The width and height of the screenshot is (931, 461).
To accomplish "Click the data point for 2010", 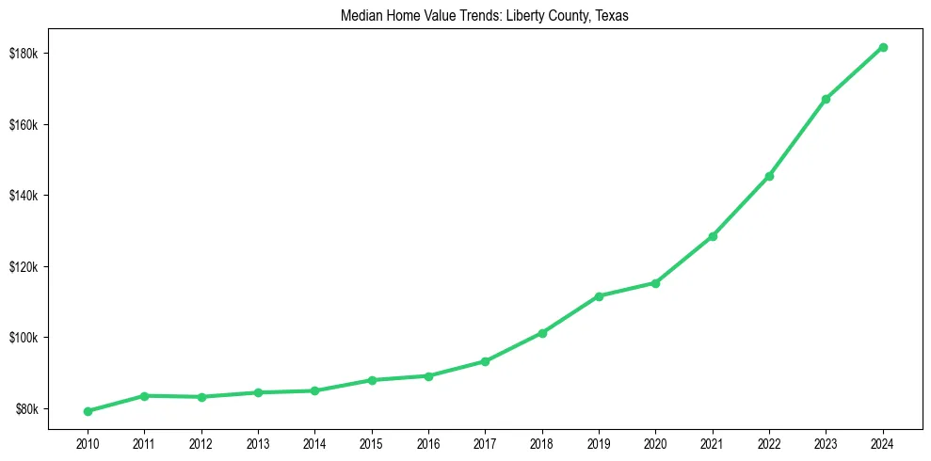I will tap(88, 411).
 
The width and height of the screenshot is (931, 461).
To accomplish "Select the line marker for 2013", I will tap(258, 392).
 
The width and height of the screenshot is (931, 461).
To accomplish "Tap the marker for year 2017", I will tap(485, 361).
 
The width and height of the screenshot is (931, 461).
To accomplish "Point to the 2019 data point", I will tap(599, 296).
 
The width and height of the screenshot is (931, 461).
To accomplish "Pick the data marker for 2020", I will tap(655, 283).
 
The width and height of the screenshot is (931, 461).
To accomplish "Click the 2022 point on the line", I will tap(769, 176).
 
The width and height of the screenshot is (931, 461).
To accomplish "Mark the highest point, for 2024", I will tap(883, 47).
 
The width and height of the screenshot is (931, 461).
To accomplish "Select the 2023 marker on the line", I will tap(826, 99).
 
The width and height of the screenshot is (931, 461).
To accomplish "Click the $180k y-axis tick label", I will tap(23, 54).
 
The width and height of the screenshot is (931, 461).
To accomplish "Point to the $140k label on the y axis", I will tap(23, 196).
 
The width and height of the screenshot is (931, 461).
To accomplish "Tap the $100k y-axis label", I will tap(23, 338).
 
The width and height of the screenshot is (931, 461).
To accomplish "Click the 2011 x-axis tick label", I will tap(144, 442).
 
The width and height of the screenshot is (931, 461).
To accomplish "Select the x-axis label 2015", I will tap(372, 442).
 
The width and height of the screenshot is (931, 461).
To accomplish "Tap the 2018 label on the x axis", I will tap(542, 442).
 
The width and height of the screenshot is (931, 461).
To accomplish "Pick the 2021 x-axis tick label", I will tap(713, 442).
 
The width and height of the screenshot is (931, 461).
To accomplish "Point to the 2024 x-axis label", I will tap(883, 442).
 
